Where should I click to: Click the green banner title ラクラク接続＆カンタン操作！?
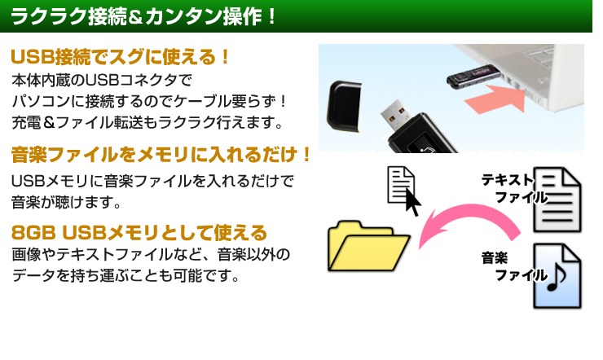[143, 16]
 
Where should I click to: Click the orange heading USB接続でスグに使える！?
[120, 57]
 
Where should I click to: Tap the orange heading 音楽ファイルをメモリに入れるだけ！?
[161, 155]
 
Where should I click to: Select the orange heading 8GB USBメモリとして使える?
[139, 233]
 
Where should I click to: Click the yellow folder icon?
[368, 246]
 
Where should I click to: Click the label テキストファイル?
[513, 189]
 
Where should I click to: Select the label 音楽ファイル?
[513, 266]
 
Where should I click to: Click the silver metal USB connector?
[395, 115]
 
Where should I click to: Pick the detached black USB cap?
[343, 106]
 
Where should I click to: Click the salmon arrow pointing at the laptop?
[495, 99]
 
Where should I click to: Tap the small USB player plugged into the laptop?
[473, 76]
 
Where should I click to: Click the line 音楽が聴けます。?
[66, 202]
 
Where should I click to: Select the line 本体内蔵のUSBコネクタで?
[102, 81]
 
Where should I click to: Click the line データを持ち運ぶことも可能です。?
[125, 275]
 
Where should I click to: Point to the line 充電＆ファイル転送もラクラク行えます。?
[147, 122]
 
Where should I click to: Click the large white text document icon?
[557, 200]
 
